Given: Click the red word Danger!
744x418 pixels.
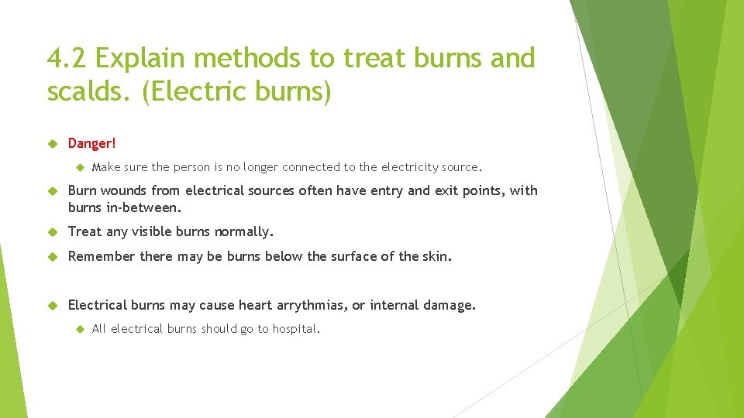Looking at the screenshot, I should tap(91, 143).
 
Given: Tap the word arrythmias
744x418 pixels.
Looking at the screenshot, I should tap(308, 306).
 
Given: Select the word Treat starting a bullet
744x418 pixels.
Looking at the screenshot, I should tap(84, 231).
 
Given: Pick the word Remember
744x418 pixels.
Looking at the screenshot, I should tap(102, 256).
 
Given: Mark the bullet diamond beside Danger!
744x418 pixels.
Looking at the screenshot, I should tap(53, 143).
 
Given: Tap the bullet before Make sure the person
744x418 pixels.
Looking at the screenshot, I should tap(78, 166).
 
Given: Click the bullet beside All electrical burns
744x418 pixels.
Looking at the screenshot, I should tap(78, 329).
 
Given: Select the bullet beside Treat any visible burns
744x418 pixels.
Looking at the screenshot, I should tap(53, 231).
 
